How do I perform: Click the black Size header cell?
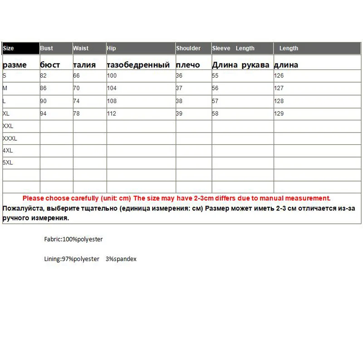[21, 48]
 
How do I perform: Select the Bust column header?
[47, 48]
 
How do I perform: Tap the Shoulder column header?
[188, 48]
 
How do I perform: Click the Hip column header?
[111, 48]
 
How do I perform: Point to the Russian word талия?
[84, 65]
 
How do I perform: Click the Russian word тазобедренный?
[138, 65]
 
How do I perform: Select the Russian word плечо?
[188, 65]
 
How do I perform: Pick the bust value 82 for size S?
[44, 76]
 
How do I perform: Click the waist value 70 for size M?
[77, 88]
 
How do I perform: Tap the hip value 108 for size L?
[112, 101]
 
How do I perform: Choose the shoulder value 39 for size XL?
[179, 113]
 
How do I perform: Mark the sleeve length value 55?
[215, 76]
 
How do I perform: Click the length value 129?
[279, 113]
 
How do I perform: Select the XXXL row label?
[10, 138]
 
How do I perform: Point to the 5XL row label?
[8, 162]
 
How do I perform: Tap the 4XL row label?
[8, 150]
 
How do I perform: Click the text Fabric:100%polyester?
[70, 239]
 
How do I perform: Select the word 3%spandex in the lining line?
[121, 259]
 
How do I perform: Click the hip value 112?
[112, 113]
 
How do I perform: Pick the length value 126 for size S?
[279, 76]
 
